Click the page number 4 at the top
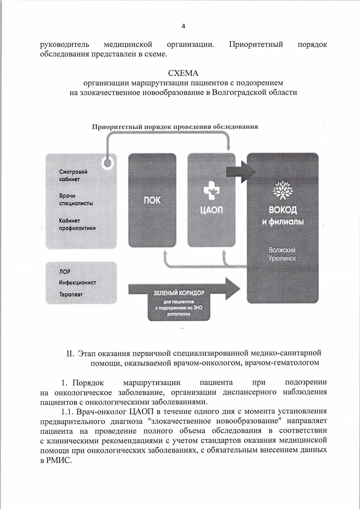point(183,26)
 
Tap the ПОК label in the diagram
point(152,200)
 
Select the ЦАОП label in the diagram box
point(211,210)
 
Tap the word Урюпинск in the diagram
point(282,258)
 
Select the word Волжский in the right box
point(282,250)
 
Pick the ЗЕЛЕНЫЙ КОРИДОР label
point(179,293)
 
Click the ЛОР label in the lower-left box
point(65,272)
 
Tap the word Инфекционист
point(77,283)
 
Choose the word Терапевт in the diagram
point(71,294)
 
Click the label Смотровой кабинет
point(73,176)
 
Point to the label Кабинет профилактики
point(77,224)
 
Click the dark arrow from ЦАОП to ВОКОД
point(237,172)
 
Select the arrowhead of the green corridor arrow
point(233,288)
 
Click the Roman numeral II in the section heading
point(70,354)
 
